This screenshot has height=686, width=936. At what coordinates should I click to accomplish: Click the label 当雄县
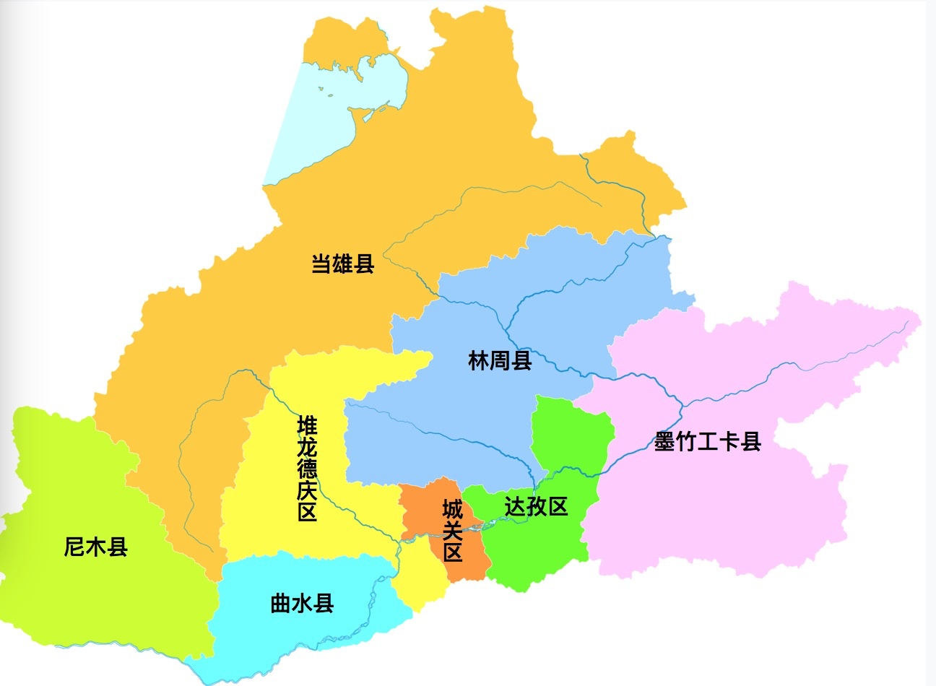tap(343, 264)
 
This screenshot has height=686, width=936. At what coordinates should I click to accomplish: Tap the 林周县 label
tap(500, 360)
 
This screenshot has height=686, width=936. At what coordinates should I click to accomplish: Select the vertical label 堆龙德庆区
tap(308, 468)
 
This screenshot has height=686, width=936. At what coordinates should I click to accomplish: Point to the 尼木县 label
tap(96, 547)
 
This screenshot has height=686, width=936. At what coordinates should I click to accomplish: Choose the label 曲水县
tap(302, 603)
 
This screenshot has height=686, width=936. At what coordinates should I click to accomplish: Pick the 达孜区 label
tap(536, 507)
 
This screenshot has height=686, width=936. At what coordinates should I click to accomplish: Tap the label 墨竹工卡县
tap(708, 442)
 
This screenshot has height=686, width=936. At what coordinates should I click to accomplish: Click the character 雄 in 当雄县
tap(343, 264)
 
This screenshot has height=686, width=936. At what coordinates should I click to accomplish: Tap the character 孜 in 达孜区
tap(536, 507)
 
